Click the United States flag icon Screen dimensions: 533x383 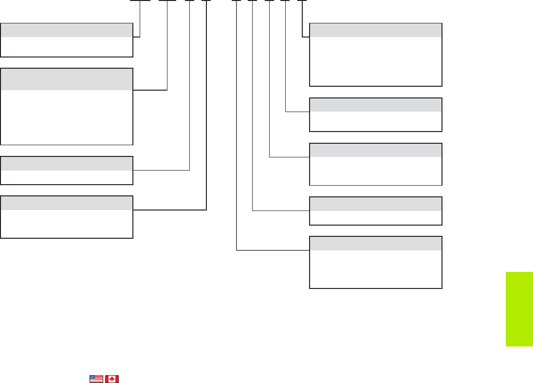coord(96,379)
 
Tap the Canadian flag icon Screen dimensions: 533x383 coord(112,379)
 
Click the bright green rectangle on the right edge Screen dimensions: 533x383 coord(519,309)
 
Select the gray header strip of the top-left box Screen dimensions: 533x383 coord(67,30)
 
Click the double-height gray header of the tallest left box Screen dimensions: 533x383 coord(67,79)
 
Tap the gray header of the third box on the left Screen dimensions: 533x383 coord(67,163)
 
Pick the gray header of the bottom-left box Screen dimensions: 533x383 coord(67,203)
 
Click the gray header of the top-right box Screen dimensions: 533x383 coord(376,30)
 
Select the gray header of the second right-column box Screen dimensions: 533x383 coord(376,105)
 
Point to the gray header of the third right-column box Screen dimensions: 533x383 coord(376,150)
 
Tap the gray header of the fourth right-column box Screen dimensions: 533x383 coord(376,204)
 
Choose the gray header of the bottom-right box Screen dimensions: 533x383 coord(376,243)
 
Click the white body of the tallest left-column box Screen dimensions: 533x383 coord(67,117)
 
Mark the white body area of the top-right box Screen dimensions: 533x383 coord(376,61)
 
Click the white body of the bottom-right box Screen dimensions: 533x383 coord(376,268)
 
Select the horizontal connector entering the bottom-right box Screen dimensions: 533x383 coord(273,250)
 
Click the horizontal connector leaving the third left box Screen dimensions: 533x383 coord(161,170)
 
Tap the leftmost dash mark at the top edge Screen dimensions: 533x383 coord(140,1)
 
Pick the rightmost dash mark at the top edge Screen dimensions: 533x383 coord(302,1)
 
